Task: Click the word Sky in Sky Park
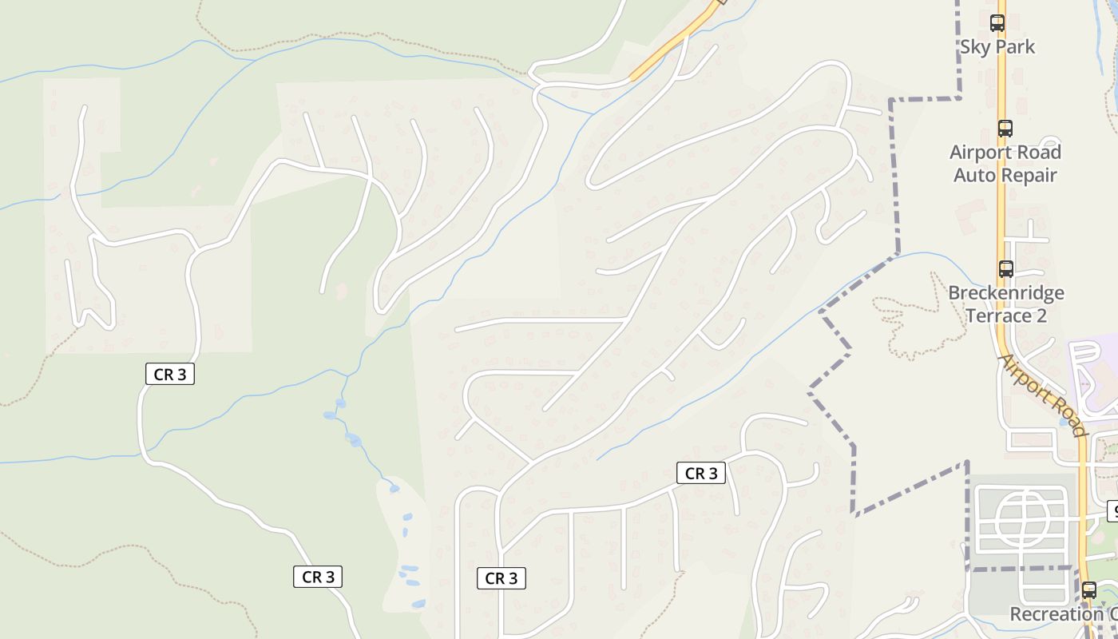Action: coord(973,47)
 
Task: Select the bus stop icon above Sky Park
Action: coord(997,22)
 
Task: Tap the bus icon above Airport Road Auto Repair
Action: coord(1005,128)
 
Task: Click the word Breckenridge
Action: coord(1005,293)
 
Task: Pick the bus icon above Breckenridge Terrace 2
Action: coord(1005,269)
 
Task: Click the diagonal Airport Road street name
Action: coord(1044,395)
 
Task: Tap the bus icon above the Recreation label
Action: coord(1089,591)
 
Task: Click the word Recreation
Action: coord(1056,614)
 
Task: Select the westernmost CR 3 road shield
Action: coord(170,374)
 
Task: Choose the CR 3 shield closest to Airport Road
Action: coord(701,473)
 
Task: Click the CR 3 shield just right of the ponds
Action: coord(502,578)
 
